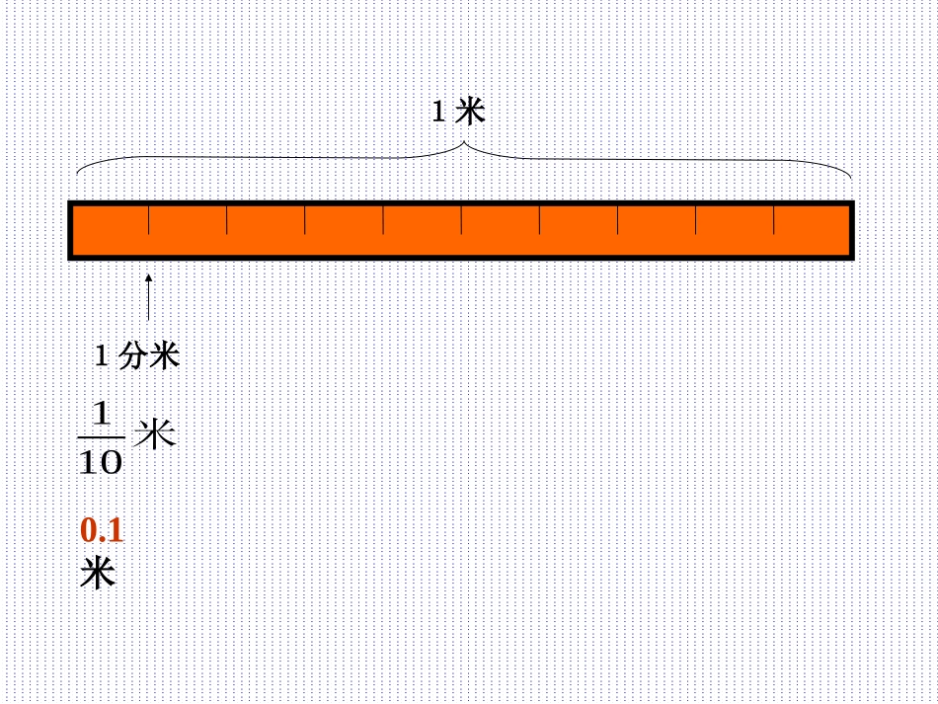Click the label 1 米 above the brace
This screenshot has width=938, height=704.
click(x=459, y=112)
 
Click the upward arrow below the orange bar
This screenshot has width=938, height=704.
click(x=149, y=296)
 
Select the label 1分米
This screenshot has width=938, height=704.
click(x=137, y=355)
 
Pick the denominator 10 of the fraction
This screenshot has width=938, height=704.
click(x=100, y=461)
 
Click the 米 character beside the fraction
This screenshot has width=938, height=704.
click(x=155, y=433)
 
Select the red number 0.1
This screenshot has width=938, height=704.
click(x=102, y=531)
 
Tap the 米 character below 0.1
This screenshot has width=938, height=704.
click(x=98, y=573)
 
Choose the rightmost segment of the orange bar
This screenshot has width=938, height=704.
click(x=811, y=230)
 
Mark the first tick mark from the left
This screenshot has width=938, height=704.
click(x=149, y=221)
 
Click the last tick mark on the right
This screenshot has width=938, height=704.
click(x=774, y=221)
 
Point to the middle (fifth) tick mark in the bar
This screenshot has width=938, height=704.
click(x=461, y=221)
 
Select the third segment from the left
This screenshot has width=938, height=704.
click(x=266, y=230)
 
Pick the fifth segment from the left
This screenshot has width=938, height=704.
click(x=422, y=230)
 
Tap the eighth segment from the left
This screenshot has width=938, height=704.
click(x=657, y=230)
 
